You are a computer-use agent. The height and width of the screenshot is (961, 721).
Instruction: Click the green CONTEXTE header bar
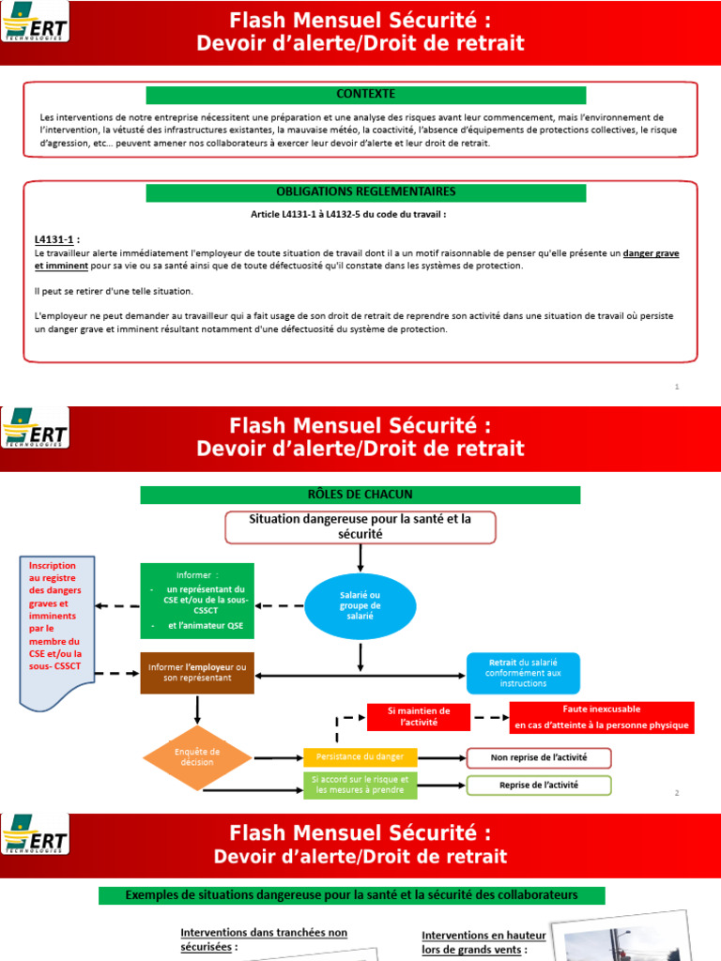coord(366,95)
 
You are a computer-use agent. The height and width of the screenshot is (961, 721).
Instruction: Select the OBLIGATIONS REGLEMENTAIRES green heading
coord(366,192)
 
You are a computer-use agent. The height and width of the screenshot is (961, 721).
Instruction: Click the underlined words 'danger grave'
coord(652,253)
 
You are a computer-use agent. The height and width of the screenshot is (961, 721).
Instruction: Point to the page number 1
coord(677,387)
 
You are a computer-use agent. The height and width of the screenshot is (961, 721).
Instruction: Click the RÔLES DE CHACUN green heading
coord(360,495)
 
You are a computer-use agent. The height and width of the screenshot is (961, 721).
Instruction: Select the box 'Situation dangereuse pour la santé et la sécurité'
coord(360,526)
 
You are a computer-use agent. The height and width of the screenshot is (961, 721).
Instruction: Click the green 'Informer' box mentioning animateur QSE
coord(197,601)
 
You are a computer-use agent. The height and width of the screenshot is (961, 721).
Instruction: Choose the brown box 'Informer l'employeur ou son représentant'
coord(197,673)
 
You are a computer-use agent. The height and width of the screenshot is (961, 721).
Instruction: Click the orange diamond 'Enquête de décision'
coord(197,756)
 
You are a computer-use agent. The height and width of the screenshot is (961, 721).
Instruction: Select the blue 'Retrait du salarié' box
coord(523,673)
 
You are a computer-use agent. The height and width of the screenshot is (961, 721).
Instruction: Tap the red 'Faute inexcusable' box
coord(601,717)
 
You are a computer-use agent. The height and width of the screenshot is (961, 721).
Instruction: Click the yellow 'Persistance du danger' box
coord(360,757)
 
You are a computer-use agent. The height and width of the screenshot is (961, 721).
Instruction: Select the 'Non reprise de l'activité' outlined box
coord(539,757)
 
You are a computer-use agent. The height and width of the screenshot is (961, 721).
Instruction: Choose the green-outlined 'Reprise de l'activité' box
coord(539,786)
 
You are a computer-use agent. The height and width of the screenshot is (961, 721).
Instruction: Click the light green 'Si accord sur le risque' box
coord(360,786)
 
